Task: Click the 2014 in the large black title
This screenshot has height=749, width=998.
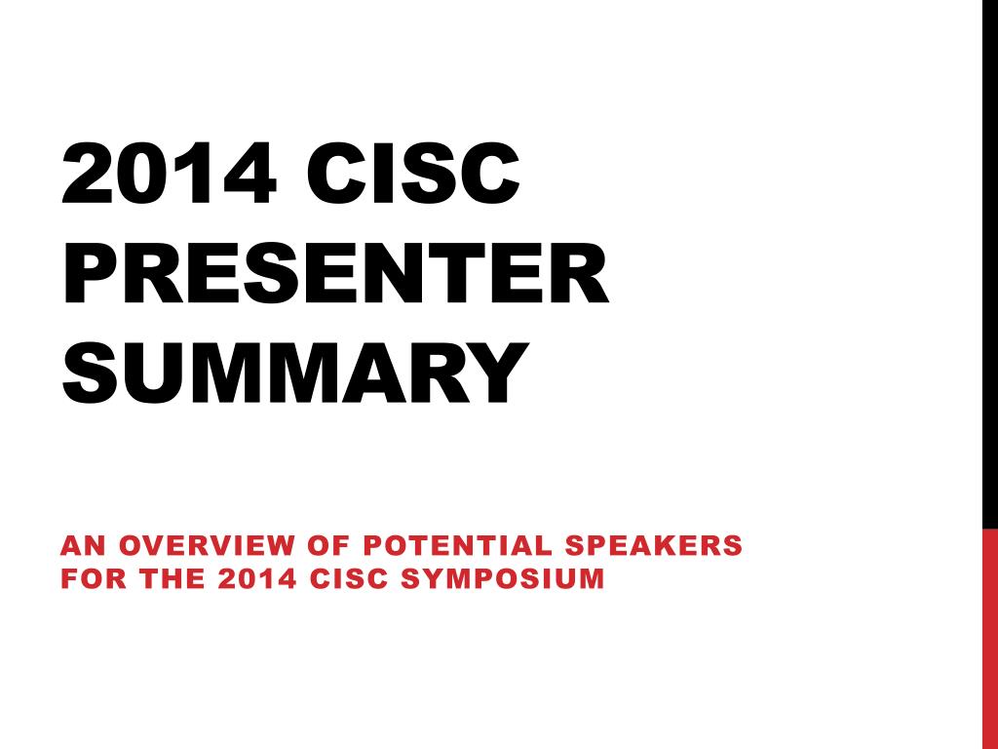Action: point(170,173)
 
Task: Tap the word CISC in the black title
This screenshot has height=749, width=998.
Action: point(413,173)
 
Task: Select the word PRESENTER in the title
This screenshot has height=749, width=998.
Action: point(336,273)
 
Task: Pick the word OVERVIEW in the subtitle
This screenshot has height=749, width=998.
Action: point(207,546)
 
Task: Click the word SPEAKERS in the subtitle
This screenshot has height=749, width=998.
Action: point(654,546)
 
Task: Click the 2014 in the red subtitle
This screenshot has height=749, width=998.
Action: point(257,579)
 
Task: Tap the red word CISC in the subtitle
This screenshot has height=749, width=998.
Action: point(350,579)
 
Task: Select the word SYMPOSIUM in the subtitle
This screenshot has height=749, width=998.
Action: point(503,579)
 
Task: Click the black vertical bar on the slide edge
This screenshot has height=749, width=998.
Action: point(990,264)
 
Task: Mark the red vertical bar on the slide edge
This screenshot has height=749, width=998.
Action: point(990,639)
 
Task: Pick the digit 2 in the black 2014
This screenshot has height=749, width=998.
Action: point(87,173)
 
